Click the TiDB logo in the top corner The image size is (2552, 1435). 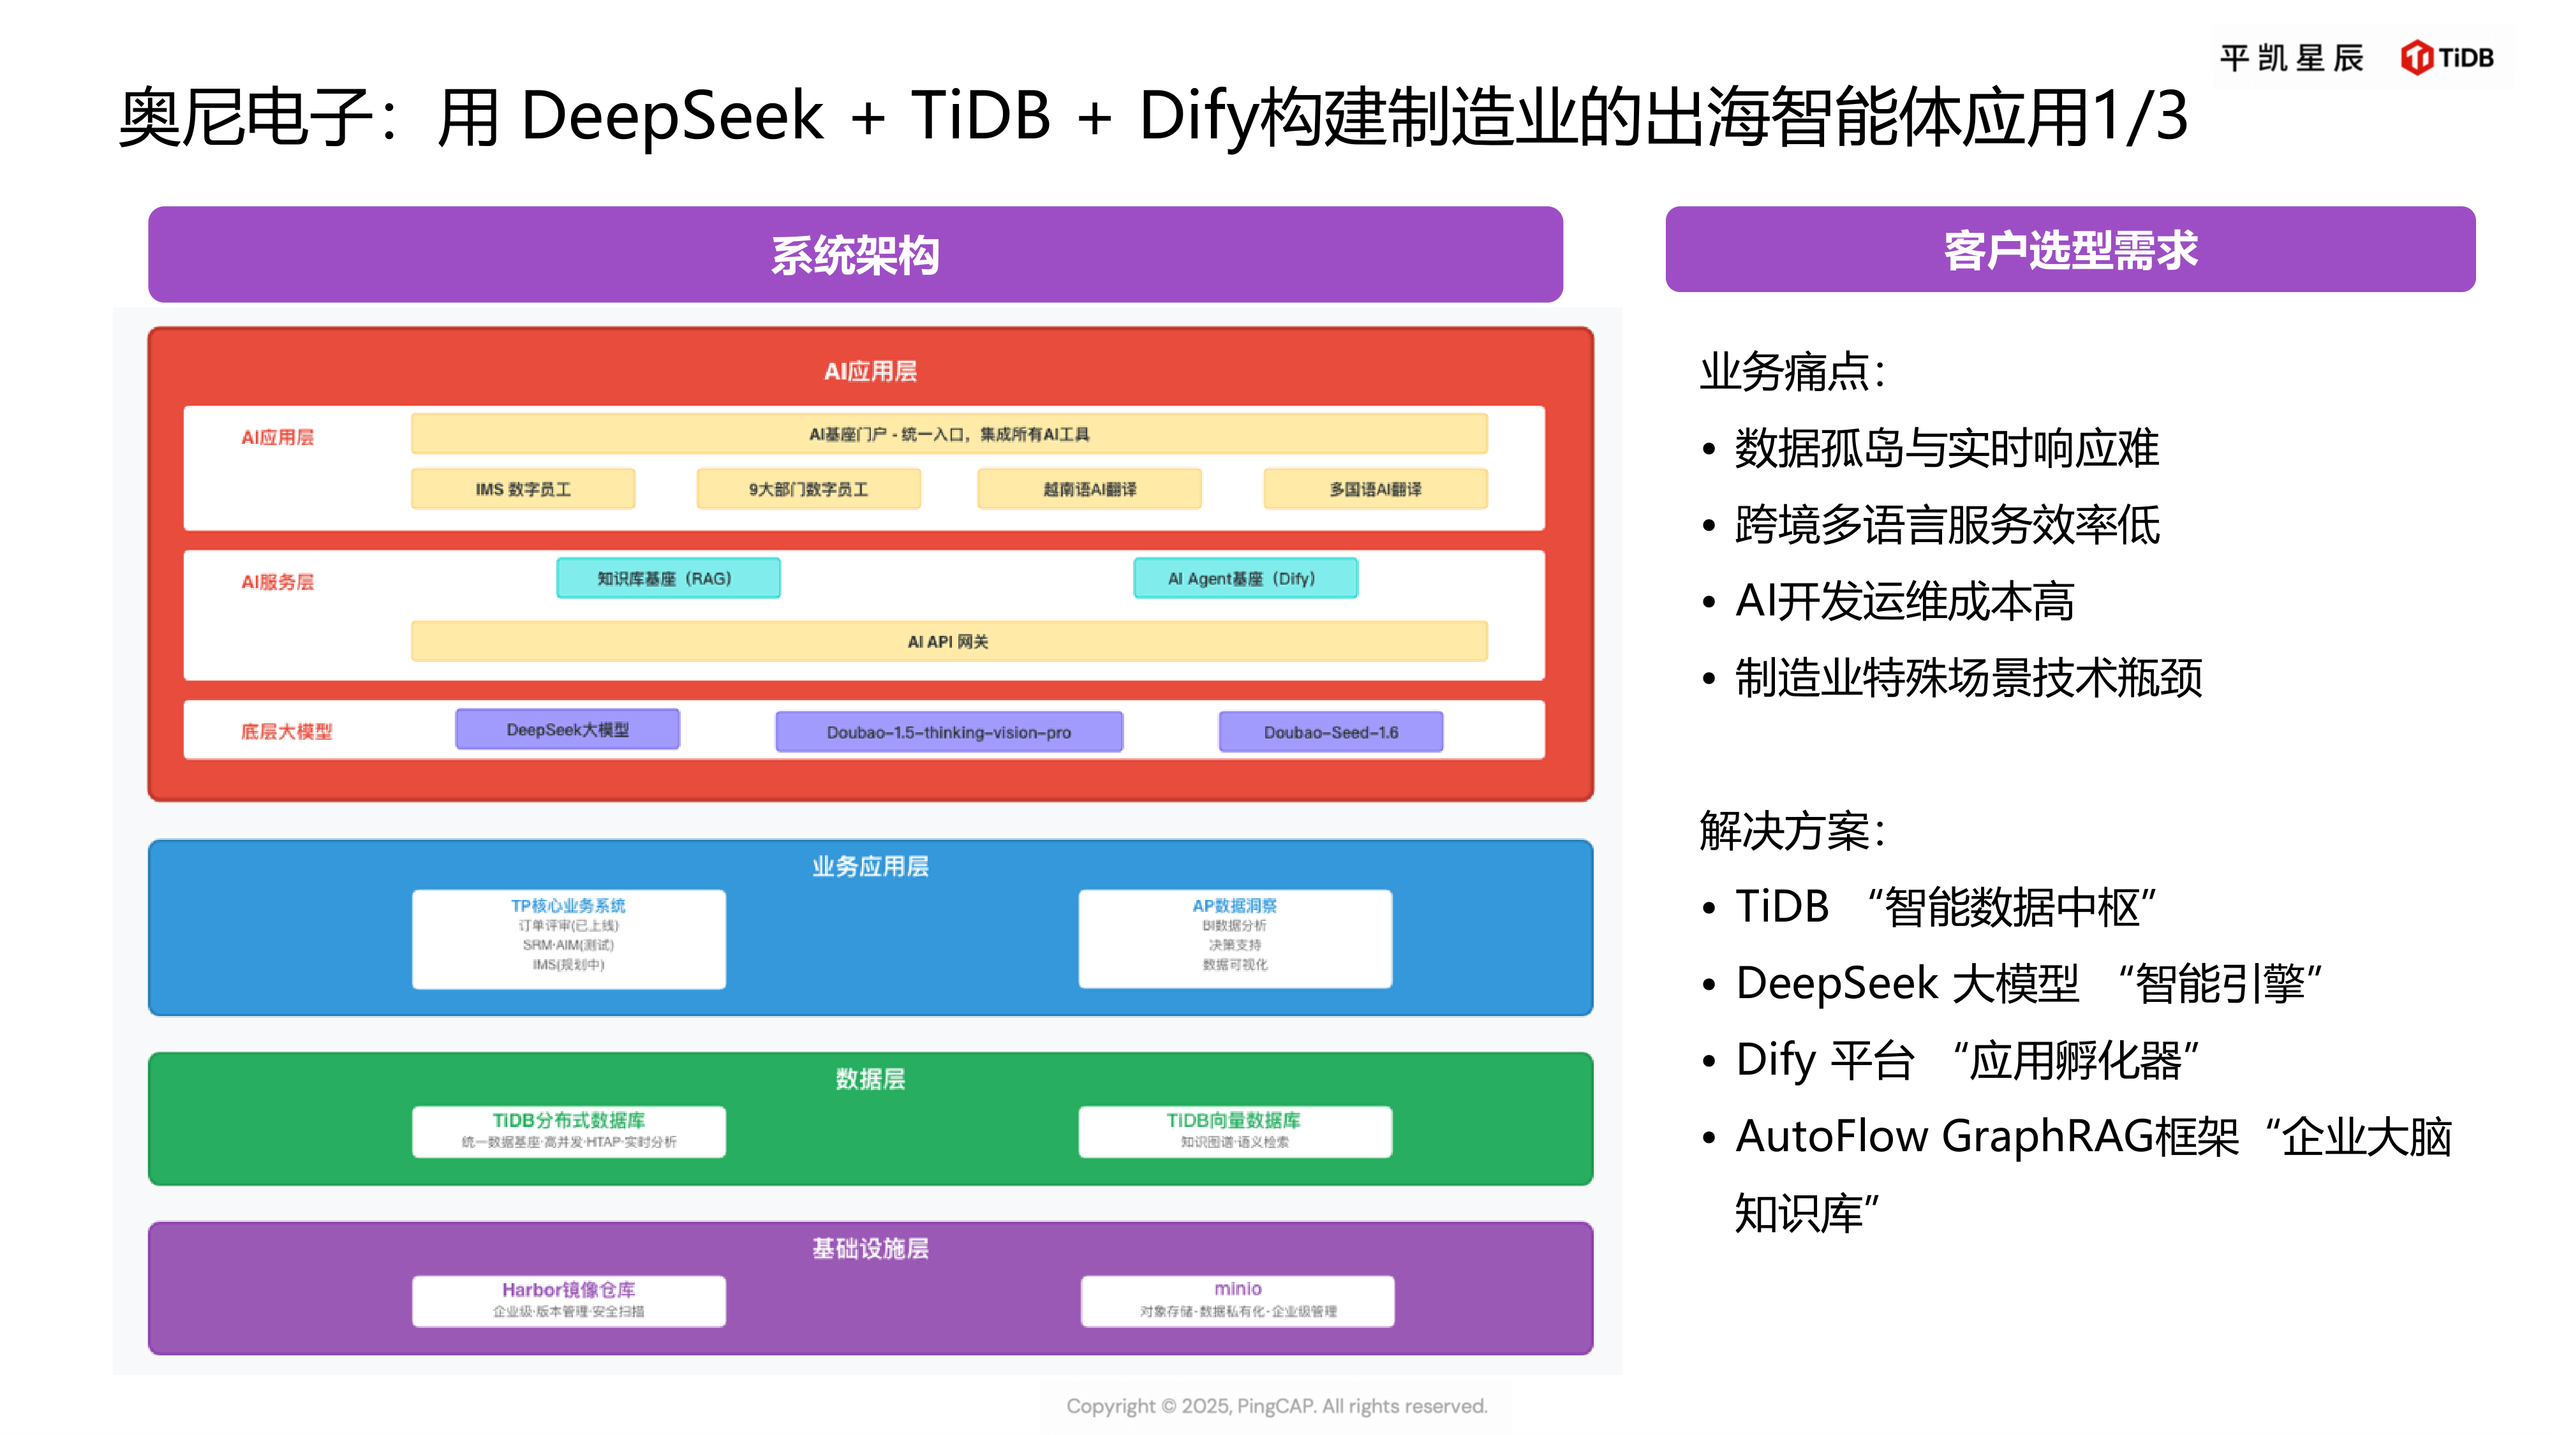2446,57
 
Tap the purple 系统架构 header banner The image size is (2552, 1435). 855,254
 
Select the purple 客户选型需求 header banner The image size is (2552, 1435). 2070,249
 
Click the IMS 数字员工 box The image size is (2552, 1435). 523,489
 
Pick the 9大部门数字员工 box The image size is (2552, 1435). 808,489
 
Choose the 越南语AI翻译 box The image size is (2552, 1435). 1089,489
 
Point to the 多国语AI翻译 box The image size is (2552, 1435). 1375,489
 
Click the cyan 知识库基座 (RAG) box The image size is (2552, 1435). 668,578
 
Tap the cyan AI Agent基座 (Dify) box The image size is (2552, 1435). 1245,578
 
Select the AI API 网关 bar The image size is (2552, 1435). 948,642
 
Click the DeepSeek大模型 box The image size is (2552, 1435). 568,730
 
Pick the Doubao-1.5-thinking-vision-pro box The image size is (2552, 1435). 948,732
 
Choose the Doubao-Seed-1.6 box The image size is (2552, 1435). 1330,732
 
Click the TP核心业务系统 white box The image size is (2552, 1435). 568,938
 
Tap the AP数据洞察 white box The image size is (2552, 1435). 1235,938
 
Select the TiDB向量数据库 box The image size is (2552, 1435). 1235,1131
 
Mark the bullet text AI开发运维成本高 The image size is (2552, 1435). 1904,601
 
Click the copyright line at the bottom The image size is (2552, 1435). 1276,1406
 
